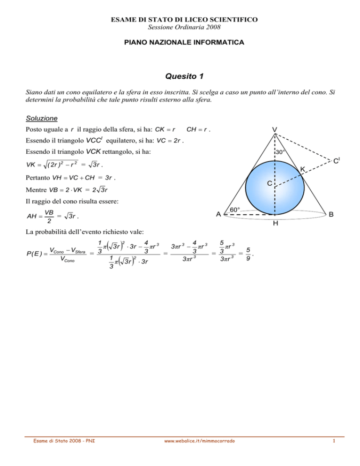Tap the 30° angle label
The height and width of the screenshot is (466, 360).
click(280, 152)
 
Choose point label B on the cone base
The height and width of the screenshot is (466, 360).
click(331, 214)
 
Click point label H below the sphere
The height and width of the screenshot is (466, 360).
click(275, 224)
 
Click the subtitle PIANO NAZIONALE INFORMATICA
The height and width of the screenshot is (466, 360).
click(180, 43)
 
